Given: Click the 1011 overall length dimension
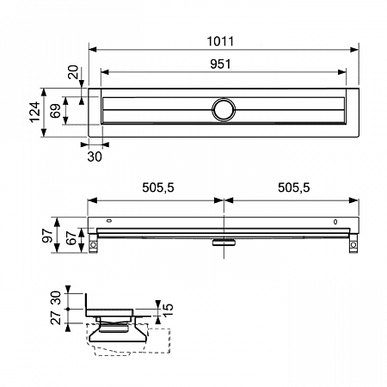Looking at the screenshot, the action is [x=220, y=41].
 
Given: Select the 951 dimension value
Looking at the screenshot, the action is [x=220, y=64].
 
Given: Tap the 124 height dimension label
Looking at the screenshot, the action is [x=35, y=112].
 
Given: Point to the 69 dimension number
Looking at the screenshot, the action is [x=55, y=111].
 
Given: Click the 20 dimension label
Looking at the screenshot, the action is [x=73, y=72].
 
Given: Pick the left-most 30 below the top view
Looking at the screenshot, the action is [x=95, y=157].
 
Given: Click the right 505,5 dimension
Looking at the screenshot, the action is [x=294, y=187].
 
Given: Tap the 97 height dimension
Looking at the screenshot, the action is [x=47, y=236].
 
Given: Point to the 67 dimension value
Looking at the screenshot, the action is [x=71, y=238].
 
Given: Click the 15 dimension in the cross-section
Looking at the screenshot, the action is [x=168, y=310].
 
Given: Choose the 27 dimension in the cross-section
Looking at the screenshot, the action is [x=56, y=317].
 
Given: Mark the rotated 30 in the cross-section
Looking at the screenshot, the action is [x=56, y=298].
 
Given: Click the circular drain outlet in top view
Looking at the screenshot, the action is [x=224, y=109].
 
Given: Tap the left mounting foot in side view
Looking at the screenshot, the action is [x=93, y=243].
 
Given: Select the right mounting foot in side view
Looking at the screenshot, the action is [x=353, y=243].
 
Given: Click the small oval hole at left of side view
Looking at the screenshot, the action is [x=109, y=221].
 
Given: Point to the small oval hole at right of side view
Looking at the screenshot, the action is [x=335, y=222].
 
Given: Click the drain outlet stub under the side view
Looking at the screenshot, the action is [x=224, y=243].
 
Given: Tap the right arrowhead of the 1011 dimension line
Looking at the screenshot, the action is [x=354, y=50].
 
